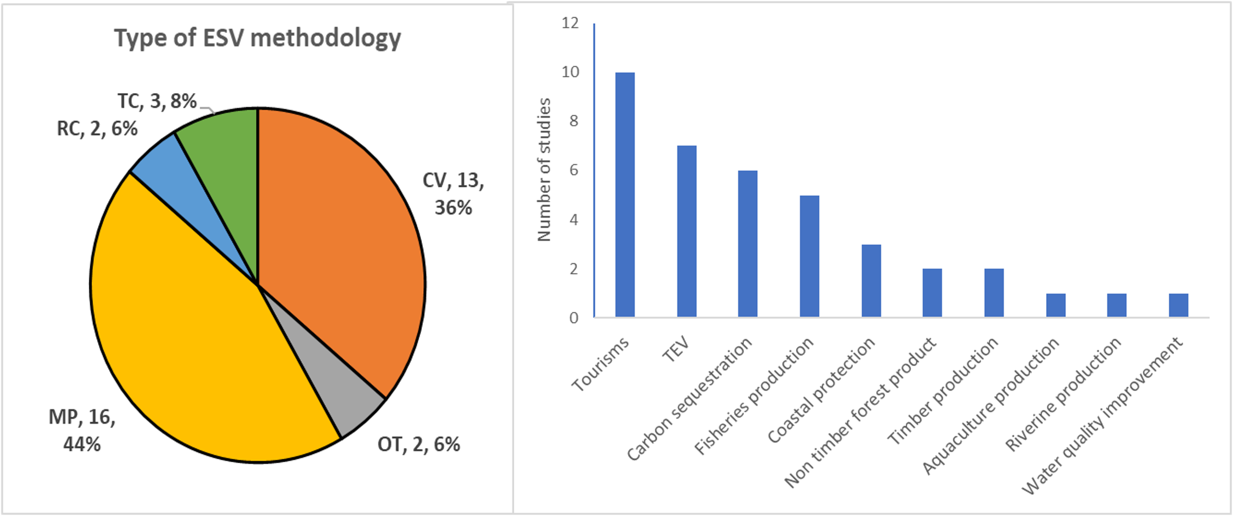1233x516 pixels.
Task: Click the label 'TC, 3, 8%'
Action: point(157,101)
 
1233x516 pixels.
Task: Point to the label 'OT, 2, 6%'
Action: point(418,445)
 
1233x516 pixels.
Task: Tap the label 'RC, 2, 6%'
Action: point(97,129)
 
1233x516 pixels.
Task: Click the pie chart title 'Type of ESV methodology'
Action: point(257,38)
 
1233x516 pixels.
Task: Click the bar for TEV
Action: point(686,231)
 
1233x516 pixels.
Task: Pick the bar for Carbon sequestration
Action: point(747,243)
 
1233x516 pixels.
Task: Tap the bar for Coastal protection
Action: point(870,280)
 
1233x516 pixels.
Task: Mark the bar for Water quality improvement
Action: point(1178,305)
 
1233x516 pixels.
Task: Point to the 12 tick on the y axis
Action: point(570,23)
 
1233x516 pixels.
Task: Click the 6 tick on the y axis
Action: point(573,171)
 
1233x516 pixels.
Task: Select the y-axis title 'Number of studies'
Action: point(544,170)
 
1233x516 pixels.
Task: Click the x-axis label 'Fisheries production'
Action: point(753,396)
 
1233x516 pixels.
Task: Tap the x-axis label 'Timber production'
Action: point(942,391)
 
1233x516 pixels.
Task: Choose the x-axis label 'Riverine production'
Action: point(1063,394)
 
